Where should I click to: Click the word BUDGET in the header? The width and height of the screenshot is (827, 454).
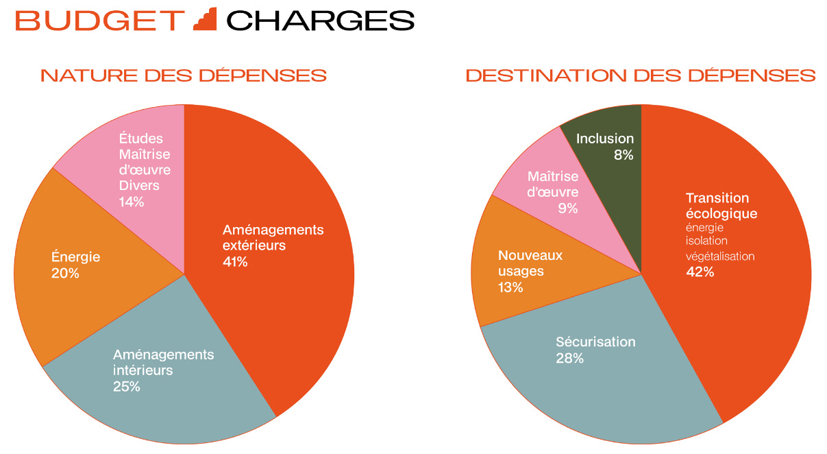point(100,21)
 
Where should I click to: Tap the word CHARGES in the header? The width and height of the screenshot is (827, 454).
point(320,21)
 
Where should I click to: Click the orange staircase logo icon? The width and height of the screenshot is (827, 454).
point(205,19)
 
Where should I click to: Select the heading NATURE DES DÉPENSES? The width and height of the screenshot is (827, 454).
point(183,75)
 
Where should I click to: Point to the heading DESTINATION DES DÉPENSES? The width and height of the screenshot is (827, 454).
point(640,75)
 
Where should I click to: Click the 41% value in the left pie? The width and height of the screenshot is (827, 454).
point(235,261)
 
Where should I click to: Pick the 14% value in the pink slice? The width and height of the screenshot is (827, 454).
point(132,202)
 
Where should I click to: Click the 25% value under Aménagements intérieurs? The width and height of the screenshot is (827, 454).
point(127,387)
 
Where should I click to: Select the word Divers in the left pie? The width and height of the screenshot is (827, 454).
point(139,186)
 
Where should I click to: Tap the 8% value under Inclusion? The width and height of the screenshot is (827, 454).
point(624,155)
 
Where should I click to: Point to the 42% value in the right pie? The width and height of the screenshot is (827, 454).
point(700,272)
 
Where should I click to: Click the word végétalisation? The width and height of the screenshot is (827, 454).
point(719,256)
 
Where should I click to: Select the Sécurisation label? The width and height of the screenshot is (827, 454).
point(595,342)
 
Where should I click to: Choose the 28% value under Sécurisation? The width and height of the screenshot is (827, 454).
point(569,358)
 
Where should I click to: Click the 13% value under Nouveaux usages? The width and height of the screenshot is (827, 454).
point(510,287)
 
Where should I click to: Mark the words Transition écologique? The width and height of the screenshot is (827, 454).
point(721,206)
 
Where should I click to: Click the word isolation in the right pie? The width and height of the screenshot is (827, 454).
point(706,241)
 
